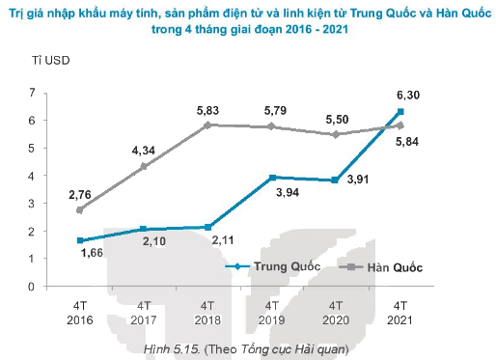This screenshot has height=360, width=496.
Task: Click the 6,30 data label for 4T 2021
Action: pyautogui.click(x=400, y=94)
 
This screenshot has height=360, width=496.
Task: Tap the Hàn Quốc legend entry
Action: pyautogui.click(x=395, y=265)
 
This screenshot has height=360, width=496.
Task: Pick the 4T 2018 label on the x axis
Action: pyautogui.click(x=208, y=312)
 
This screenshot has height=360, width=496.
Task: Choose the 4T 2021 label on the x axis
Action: pyautogui.click(x=400, y=312)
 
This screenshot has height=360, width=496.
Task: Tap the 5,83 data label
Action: pyautogui.click(x=208, y=109)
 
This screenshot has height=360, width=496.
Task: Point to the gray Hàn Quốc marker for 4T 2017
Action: pyautogui.click(x=144, y=167)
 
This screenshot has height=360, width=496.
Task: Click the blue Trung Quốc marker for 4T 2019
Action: pyautogui.click(x=272, y=178)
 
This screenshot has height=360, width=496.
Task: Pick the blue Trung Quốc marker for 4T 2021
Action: pyautogui.click(x=400, y=112)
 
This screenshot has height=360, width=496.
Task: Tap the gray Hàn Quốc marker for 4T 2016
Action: pyautogui.click(x=80, y=209)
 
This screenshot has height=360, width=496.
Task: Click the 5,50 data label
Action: pyautogui.click(x=337, y=118)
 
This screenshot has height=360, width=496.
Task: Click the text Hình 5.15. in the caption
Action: pyautogui.click(x=170, y=347)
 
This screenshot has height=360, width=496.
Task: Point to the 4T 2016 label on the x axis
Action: pyautogui.click(x=80, y=312)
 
